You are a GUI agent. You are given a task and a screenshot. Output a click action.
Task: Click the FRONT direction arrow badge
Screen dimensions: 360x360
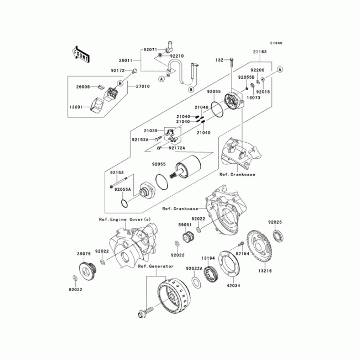coord(80,54)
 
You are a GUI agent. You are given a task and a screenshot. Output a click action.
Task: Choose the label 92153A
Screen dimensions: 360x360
coord(140,139)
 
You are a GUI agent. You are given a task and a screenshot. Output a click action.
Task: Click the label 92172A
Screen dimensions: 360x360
coord(177,148)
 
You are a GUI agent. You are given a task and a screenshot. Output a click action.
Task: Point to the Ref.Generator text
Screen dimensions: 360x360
coord(156,266)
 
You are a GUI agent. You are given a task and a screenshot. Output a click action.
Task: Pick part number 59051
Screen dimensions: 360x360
coord(184,224)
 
